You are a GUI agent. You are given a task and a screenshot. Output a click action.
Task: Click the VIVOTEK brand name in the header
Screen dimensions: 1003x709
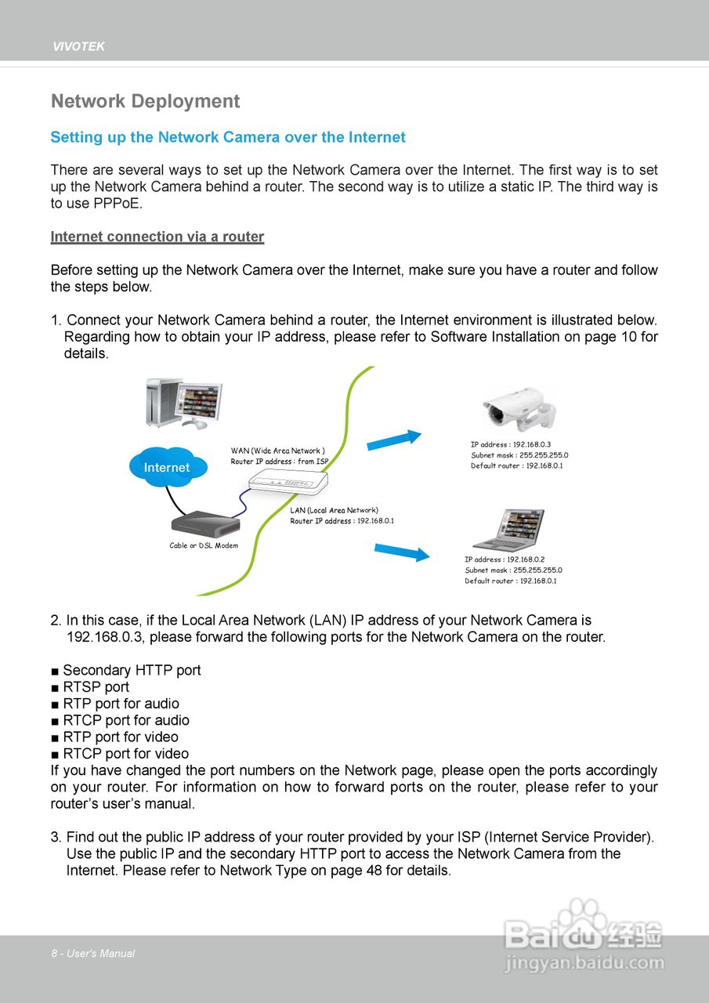click(78, 47)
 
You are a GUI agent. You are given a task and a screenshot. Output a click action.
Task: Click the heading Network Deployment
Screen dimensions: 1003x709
click(145, 102)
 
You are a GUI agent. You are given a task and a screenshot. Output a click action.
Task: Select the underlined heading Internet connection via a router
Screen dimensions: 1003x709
click(157, 237)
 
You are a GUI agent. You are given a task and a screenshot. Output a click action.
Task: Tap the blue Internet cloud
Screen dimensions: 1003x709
click(167, 467)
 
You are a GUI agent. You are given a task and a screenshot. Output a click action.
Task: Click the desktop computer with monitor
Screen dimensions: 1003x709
click(184, 402)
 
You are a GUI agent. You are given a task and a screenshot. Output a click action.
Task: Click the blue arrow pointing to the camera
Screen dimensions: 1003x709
click(394, 440)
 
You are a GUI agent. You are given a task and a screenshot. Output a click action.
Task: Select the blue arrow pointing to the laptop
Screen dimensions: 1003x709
click(402, 552)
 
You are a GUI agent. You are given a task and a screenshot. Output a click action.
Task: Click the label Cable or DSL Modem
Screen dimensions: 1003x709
click(204, 545)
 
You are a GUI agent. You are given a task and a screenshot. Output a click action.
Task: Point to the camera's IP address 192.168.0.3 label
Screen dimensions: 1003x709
click(511, 444)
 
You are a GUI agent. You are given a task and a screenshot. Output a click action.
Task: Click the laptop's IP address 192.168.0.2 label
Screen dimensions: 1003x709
click(505, 559)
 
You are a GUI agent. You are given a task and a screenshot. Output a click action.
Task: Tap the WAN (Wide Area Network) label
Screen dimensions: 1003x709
click(277, 451)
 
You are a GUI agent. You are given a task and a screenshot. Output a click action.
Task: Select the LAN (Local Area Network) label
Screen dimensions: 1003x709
click(334, 510)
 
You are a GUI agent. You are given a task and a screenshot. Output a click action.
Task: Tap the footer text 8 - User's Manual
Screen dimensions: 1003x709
click(93, 954)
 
